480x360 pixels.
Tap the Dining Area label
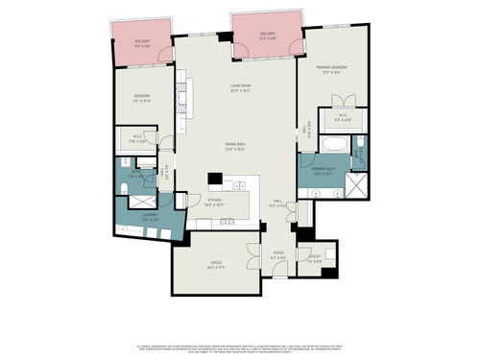coord(236,146)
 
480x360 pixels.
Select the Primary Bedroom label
coord(333,69)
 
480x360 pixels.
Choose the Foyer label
coord(278,256)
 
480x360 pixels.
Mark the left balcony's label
coord(142,42)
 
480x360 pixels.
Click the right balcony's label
coord(267,36)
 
